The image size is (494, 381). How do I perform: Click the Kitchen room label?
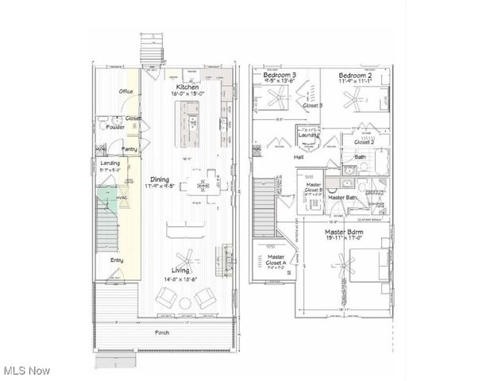[187, 87]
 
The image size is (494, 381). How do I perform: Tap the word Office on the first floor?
[125, 92]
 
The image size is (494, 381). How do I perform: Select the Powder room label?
[114, 127]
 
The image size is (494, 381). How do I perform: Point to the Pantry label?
[129, 148]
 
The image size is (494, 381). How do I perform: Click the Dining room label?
[159, 179]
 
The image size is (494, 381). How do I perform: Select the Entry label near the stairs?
[117, 260]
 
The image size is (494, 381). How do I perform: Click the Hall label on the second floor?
[299, 157]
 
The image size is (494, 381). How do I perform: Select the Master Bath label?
[342, 197]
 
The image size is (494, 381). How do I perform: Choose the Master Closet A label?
[276, 260]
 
